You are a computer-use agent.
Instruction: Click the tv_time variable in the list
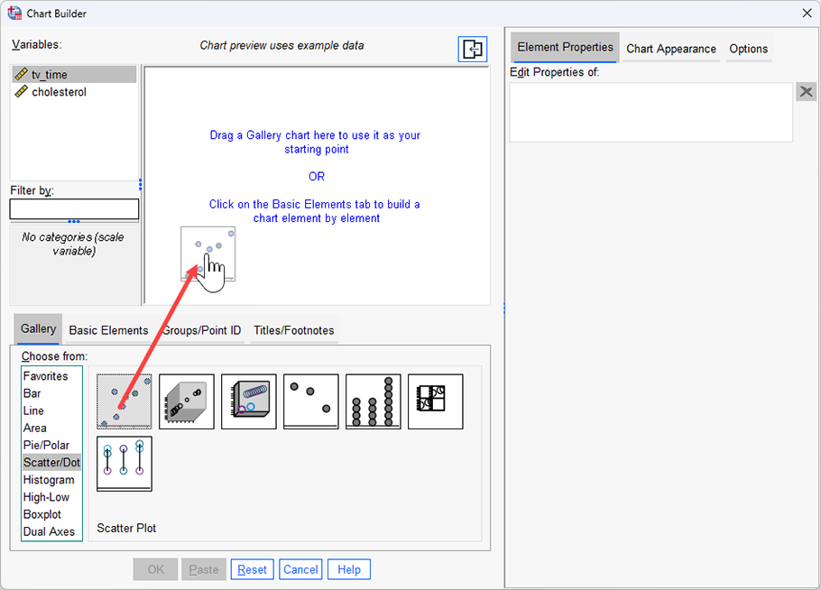50,75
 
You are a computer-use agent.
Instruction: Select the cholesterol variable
59,92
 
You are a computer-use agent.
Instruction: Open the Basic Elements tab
108,330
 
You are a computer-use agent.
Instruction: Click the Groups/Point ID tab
202,330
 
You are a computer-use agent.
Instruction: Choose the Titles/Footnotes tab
293,330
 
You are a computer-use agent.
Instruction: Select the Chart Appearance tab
670,49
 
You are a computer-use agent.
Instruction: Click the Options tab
748,49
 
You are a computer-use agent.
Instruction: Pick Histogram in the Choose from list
49,480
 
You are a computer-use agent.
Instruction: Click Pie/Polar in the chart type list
46,446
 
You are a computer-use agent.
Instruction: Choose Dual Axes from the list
49,531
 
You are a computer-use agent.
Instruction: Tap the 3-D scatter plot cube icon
187,401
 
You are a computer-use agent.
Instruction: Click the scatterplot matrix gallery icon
435,401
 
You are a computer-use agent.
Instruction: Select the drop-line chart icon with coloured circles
125,464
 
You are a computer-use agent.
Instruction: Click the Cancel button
300,569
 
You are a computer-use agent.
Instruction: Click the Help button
349,569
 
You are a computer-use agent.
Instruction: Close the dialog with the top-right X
806,12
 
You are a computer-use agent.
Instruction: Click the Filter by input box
74,209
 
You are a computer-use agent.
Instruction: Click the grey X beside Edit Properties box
806,92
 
